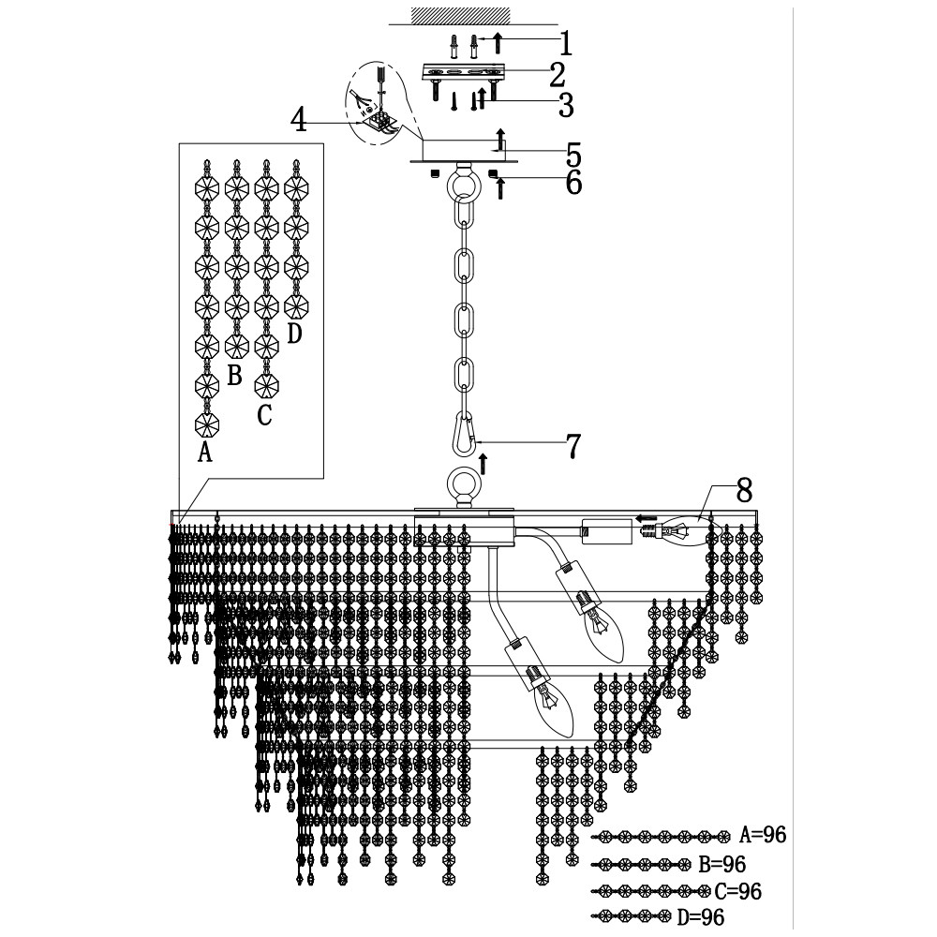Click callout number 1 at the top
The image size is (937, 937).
(x=565, y=42)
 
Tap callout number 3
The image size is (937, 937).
(x=565, y=105)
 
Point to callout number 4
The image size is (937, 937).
(x=299, y=119)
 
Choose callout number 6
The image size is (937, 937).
(x=573, y=183)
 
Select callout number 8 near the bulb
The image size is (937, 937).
(x=744, y=489)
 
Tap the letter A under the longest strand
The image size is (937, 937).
(x=205, y=454)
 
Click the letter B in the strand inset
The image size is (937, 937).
(x=234, y=377)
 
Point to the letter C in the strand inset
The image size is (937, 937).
(x=265, y=414)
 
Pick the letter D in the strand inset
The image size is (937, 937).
(x=294, y=334)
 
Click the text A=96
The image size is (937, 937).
(x=763, y=835)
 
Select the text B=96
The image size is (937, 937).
(x=722, y=863)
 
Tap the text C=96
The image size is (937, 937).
(x=736, y=891)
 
